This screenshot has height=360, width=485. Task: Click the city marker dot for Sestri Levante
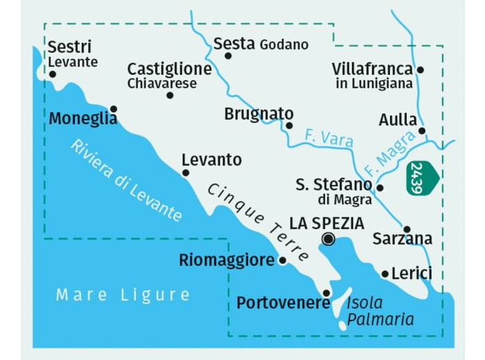point(53,74)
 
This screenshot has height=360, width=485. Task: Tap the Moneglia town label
point(82,119)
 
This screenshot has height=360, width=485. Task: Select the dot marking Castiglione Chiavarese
point(170,95)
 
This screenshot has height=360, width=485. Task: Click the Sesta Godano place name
point(261,44)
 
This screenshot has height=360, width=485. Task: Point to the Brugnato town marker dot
point(289,125)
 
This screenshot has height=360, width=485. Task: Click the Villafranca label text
point(372,69)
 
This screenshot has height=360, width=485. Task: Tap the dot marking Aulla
point(422,130)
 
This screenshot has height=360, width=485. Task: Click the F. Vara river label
point(328,139)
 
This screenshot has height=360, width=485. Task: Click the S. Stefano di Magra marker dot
point(380,188)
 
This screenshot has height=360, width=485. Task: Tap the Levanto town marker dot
point(186,173)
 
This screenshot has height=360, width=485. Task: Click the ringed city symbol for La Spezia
point(328,240)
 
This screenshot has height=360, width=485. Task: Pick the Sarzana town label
point(402,240)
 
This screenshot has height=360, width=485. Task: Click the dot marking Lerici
point(385,274)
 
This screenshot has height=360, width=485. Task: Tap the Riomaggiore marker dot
point(282,260)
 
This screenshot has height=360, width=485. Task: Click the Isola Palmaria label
point(380,311)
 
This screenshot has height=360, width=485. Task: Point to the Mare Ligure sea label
point(123,295)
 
